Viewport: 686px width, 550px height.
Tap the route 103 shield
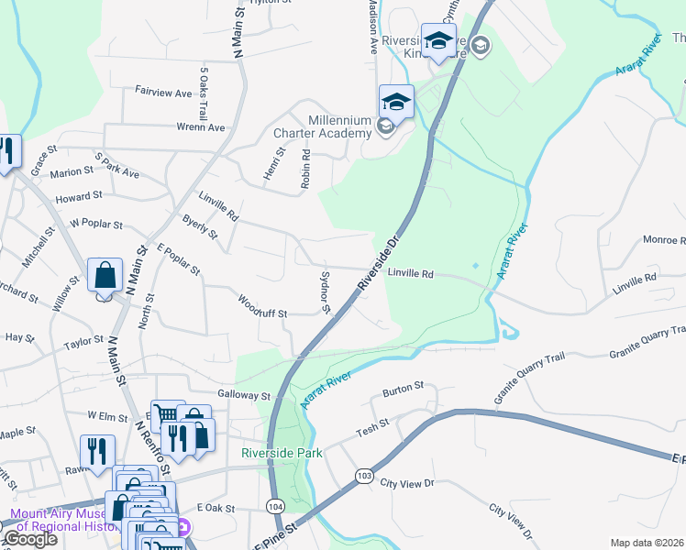tap(364, 476)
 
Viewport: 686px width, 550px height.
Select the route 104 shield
tap(275, 505)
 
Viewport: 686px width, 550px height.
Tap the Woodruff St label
tap(262, 307)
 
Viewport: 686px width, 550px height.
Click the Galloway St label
tap(244, 395)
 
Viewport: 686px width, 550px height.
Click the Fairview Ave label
tap(163, 93)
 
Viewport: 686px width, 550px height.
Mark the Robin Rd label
tap(305, 170)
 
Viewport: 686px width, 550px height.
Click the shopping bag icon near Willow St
tap(105, 275)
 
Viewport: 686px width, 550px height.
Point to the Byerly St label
tap(200, 228)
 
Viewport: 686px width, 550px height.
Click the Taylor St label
tap(83, 342)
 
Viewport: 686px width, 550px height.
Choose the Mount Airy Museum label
tap(62, 521)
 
